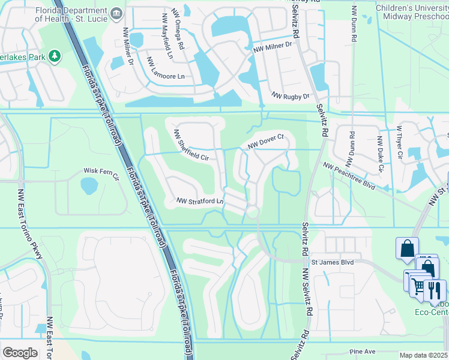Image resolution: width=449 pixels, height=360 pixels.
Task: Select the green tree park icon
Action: point(55,56)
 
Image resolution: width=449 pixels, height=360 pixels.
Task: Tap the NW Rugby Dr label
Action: point(290,96)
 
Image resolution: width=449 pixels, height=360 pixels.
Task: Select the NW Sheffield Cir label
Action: point(191,146)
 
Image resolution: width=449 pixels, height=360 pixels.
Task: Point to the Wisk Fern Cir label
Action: point(98,171)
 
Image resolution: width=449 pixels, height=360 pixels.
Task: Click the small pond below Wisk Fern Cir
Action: point(89,186)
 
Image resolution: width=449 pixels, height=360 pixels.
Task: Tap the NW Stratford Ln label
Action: point(200,201)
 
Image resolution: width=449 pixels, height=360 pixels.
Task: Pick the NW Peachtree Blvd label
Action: point(349,176)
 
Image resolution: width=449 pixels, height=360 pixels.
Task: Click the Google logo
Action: point(20,352)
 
